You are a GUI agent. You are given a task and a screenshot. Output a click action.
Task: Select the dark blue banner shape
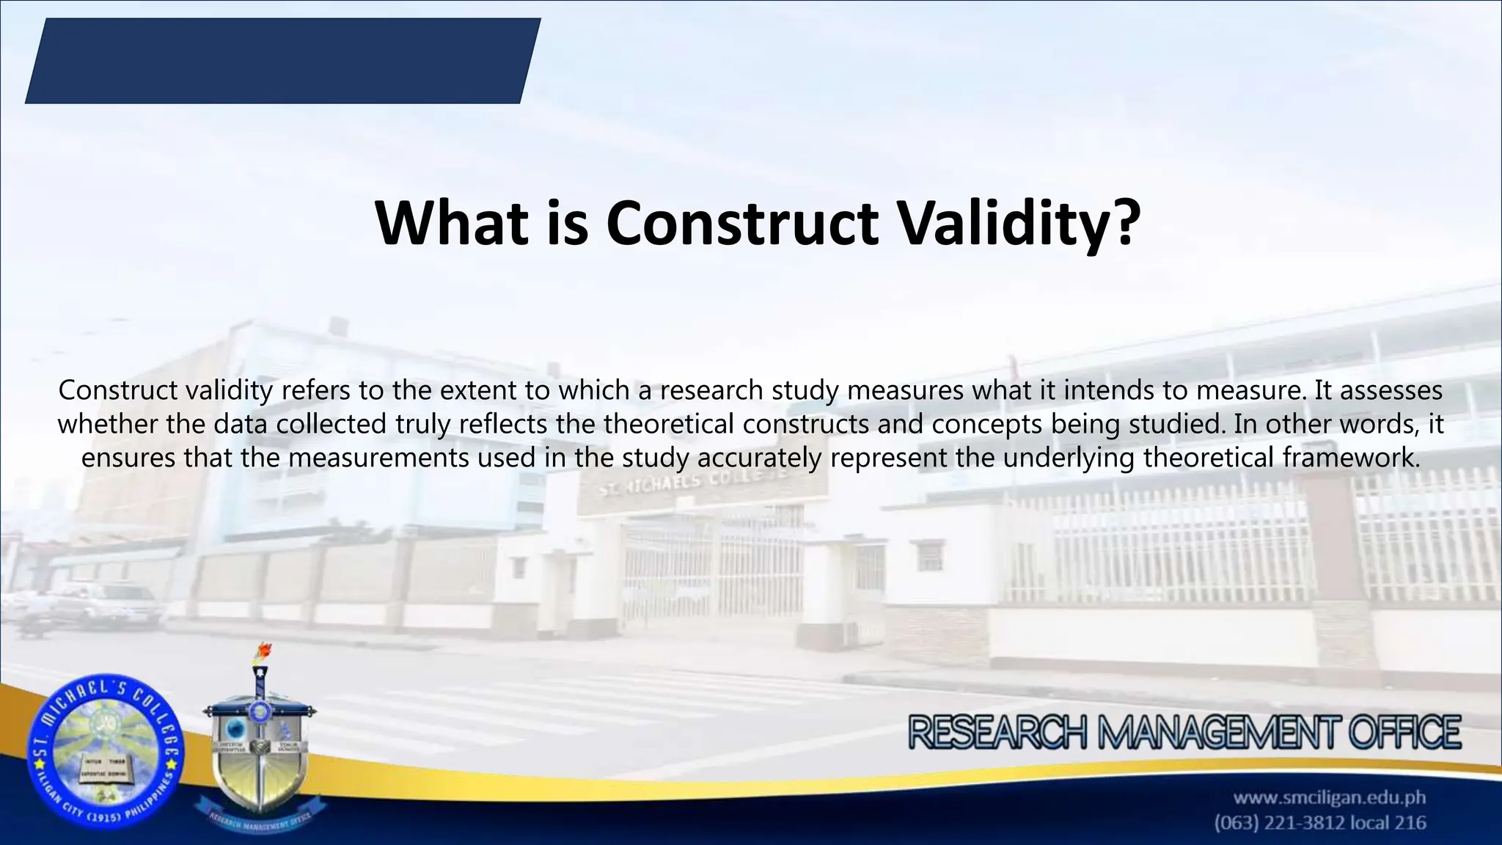coord(282,61)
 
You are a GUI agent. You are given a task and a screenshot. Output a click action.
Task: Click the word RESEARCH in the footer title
coord(997,734)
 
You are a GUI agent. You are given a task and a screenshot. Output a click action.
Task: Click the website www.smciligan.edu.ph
coord(1329,797)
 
